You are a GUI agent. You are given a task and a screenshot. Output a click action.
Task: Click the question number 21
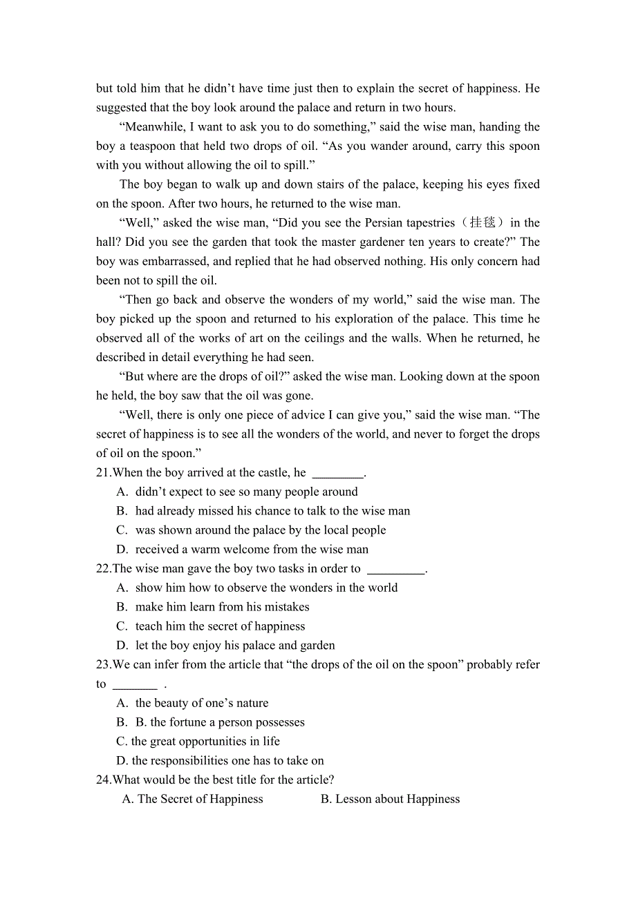coord(103,473)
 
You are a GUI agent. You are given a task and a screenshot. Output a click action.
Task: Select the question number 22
coord(103,569)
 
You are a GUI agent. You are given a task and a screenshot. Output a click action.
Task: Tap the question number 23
coord(103,665)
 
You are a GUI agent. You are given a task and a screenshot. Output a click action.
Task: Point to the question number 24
coord(103,780)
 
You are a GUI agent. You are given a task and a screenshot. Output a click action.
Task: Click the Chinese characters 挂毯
coord(483,223)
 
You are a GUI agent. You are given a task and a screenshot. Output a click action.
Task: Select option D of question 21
coord(252,550)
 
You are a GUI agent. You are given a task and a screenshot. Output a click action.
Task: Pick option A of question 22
coord(266,588)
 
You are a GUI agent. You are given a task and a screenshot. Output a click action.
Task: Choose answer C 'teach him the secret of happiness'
coord(220,626)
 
